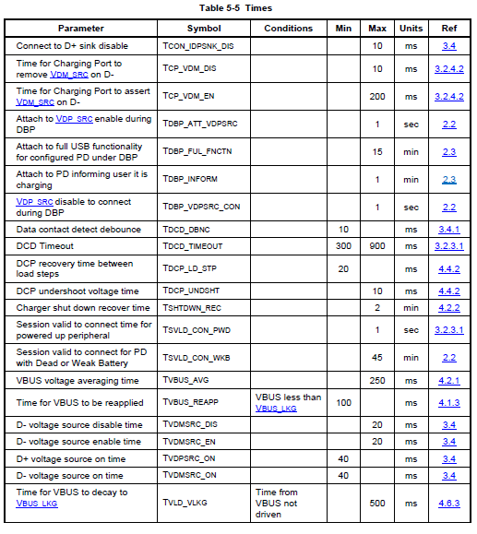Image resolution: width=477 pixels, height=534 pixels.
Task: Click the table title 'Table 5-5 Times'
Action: click(237, 7)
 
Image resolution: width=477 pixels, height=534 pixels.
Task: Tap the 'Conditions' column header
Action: click(289, 29)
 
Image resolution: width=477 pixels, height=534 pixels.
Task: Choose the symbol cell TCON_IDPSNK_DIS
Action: click(197, 46)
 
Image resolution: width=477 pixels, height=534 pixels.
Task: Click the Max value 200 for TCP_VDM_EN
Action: click(376, 96)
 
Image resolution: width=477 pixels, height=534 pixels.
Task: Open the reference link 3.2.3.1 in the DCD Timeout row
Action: click(448, 246)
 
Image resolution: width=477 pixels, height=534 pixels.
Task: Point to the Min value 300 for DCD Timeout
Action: click(343, 246)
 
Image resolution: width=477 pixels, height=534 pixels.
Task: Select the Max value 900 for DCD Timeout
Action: click(376, 246)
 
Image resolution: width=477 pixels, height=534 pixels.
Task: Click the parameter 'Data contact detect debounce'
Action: click(78, 230)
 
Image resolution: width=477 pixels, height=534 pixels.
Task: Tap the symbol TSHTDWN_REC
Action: click(192, 308)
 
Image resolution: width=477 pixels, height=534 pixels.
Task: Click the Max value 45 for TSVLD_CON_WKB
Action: click(376, 357)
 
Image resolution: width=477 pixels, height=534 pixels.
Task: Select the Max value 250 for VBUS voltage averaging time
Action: click(376, 380)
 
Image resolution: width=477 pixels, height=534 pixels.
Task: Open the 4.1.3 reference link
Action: click(448, 403)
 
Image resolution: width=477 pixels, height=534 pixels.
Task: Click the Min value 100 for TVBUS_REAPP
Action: click(343, 403)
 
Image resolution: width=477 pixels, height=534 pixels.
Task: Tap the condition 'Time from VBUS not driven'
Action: click(278, 503)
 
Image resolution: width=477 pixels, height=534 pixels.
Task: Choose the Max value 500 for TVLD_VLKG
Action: click(376, 503)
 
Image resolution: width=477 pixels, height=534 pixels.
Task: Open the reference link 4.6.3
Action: click(448, 503)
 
